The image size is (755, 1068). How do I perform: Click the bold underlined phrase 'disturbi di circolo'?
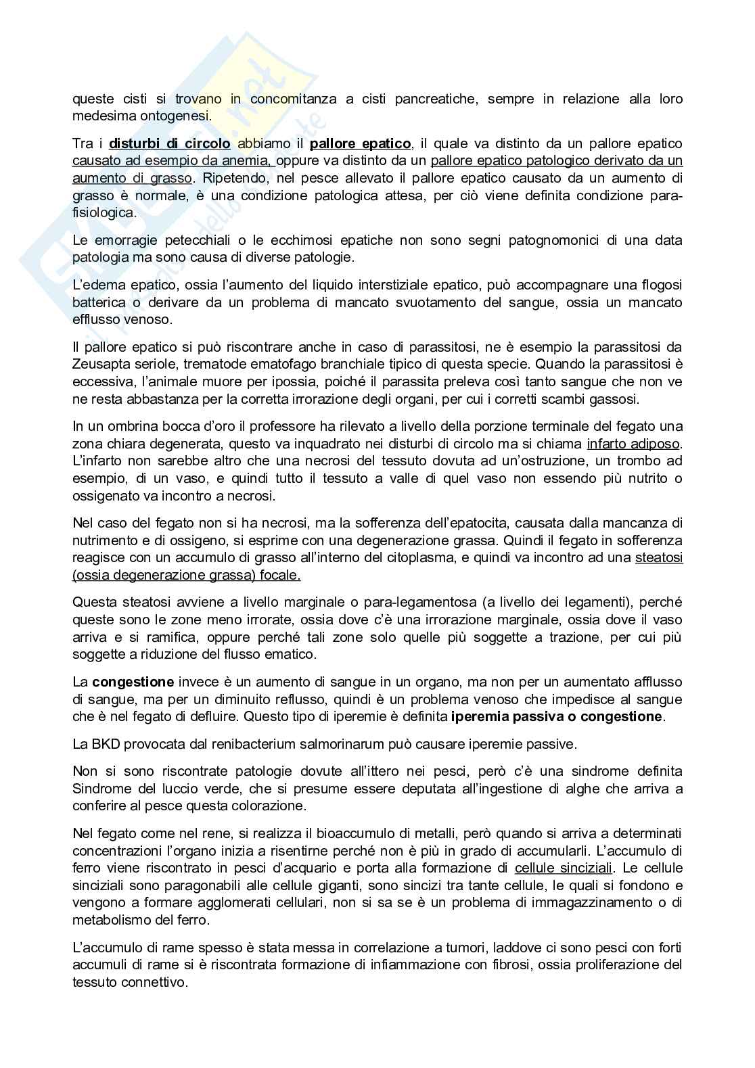pos(169,143)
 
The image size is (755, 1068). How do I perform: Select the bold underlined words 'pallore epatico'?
pos(360,143)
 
